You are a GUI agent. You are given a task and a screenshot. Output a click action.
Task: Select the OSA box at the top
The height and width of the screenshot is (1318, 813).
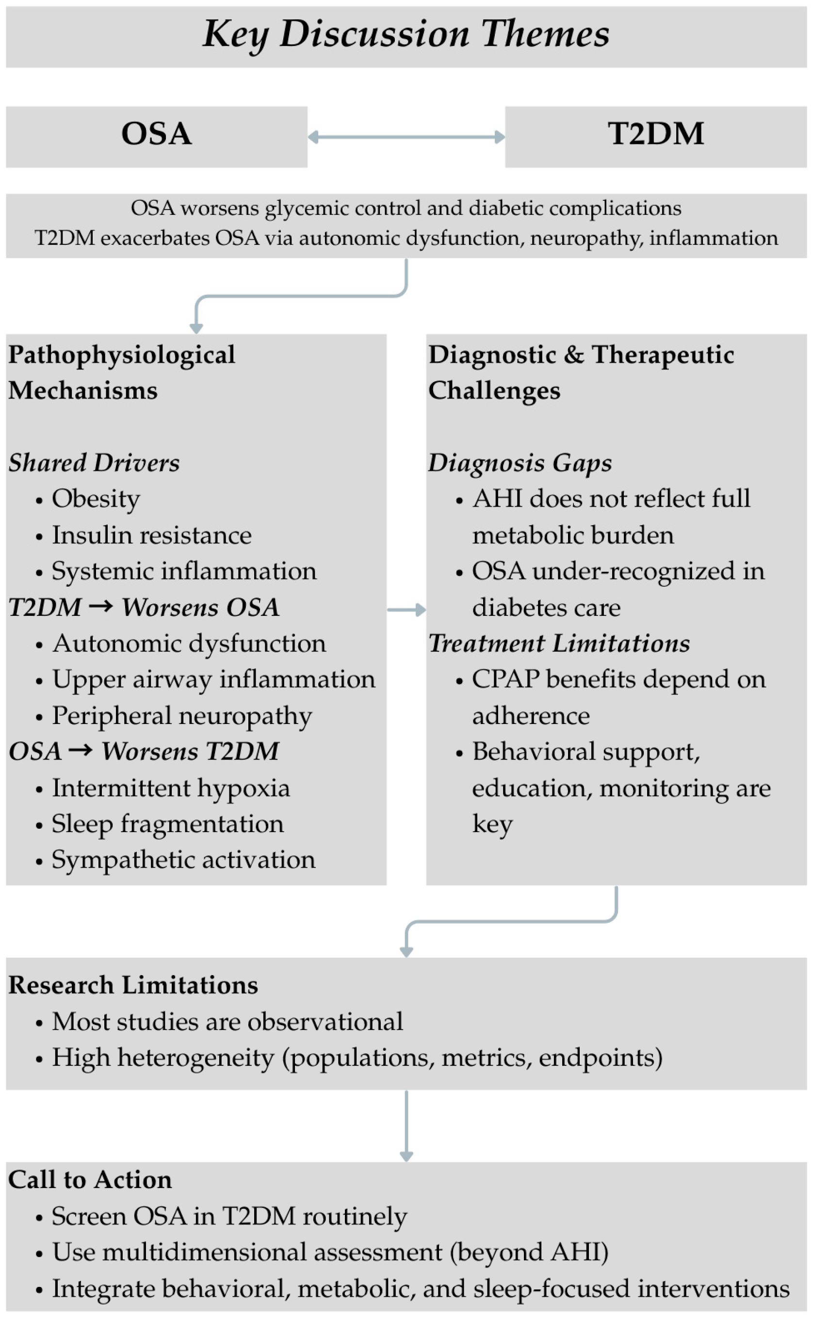click(157, 134)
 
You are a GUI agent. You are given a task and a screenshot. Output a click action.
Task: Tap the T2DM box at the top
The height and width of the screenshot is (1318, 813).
click(655, 134)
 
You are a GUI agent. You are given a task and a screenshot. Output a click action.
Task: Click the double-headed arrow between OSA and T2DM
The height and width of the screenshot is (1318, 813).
click(406, 137)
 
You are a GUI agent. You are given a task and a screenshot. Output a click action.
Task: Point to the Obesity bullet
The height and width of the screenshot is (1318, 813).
click(96, 499)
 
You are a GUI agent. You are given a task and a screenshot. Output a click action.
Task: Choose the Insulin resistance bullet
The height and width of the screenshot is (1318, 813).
click(151, 535)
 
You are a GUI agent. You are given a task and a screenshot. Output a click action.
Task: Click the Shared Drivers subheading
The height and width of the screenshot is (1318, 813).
click(94, 463)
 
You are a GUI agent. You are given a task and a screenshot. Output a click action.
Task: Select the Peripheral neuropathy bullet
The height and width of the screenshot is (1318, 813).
click(182, 716)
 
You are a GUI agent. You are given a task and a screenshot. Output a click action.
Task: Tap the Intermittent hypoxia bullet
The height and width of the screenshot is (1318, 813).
click(170, 788)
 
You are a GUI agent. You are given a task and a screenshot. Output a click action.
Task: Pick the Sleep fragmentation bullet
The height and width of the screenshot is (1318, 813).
click(167, 824)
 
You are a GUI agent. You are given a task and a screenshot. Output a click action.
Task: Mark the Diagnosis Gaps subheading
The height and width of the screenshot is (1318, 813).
click(520, 463)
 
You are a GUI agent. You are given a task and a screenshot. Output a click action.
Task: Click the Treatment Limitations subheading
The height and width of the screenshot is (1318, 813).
click(559, 643)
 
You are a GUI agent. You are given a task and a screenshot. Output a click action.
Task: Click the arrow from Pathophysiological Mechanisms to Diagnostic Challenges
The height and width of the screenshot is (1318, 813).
click(406, 610)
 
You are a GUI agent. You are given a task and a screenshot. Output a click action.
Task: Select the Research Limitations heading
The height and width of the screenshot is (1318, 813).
click(133, 985)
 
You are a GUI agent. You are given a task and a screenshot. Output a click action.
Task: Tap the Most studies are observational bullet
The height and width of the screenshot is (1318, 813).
click(227, 1022)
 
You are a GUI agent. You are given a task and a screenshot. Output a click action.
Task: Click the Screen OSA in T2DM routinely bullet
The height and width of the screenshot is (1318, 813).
click(229, 1216)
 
